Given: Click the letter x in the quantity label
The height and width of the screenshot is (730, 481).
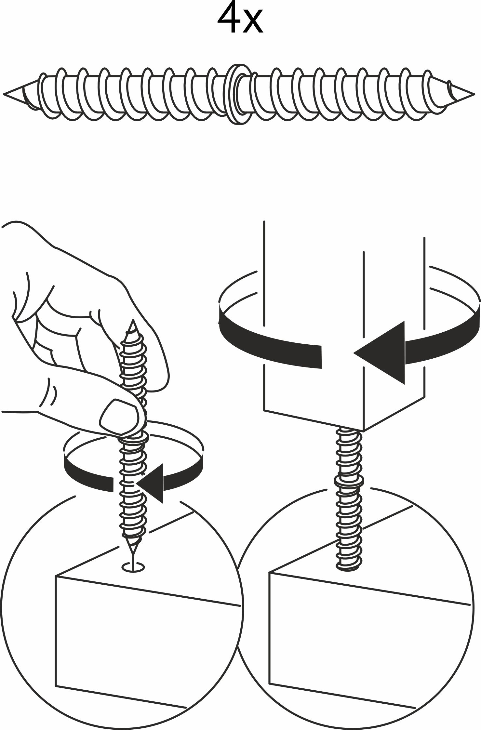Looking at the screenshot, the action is click(x=253, y=23).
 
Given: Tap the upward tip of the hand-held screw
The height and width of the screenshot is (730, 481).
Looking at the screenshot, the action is click(x=133, y=320).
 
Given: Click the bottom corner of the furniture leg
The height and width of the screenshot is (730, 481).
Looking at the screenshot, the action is click(x=364, y=431).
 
